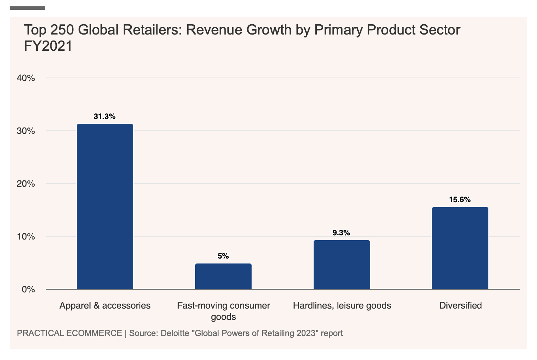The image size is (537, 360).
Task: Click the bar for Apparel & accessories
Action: pyautogui.click(x=105, y=206)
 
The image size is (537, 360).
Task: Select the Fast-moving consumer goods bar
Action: pyautogui.click(x=223, y=276)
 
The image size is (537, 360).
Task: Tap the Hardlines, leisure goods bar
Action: pyautogui.click(x=342, y=265)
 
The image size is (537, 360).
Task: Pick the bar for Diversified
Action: pyautogui.click(x=460, y=248)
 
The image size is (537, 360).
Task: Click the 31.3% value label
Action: pyautogui.click(x=105, y=117)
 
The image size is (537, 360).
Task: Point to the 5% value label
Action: pyautogui.click(x=223, y=256)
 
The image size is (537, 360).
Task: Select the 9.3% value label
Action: pyautogui.click(x=341, y=233)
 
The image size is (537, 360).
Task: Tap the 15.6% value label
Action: pyautogui.click(x=460, y=200)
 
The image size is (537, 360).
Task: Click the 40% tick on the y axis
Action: pyautogui.click(x=26, y=78)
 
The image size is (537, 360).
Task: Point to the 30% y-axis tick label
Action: pyautogui.click(x=26, y=131)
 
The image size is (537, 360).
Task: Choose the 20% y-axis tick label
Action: pyautogui.click(x=26, y=184)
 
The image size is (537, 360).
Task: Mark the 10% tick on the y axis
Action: pyautogui.click(x=26, y=237)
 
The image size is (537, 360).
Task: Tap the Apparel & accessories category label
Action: pyautogui.click(x=105, y=305)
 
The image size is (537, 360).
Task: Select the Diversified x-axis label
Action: pyautogui.click(x=461, y=305)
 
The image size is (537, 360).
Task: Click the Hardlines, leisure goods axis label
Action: pyautogui.click(x=342, y=305)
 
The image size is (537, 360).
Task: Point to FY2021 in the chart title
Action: pyautogui.click(x=48, y=46)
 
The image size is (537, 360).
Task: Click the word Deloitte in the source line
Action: pyautogui.click(x=174, y=333)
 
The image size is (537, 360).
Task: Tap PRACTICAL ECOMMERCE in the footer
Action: pyautogui.click(x=69, y=333)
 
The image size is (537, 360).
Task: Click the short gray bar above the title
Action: pyautogui.click(x=27, y=8)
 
